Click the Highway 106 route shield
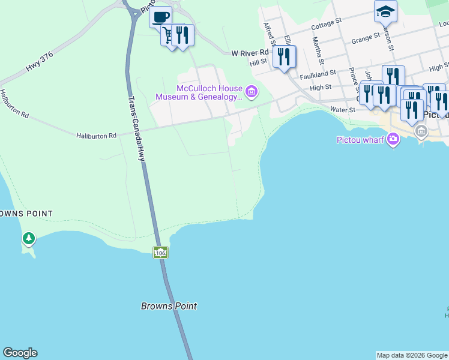pyautogui.click(x=160, y=253)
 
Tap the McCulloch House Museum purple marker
pyautogui.click(x=252, y=92)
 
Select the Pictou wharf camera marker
pyautogui.click(x=393, y=140)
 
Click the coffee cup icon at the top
pyautogui.click(x=160, y=17)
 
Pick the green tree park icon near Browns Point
pyautogui.click(x=28, y=239)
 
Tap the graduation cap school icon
pyautogui.click(x=385, y=11)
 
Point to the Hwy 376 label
pyautogui.click(x=40, y=62)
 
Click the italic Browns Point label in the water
pyautogui.click(x=169, y=306)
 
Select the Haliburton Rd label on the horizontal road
pyautogui.click(x=96, y=136)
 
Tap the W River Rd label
pyautogui.click(x=249, y=53)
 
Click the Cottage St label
pyautogui.click(x=327, y=24)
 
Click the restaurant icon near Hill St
pyautogui.click(x=284, y=57)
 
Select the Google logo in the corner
pyautogui.click(x=20, y=353)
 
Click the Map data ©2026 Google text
pyautogui.click(x=412, y=355)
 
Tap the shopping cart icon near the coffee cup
pyautogui.click(x=170, y=35)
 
